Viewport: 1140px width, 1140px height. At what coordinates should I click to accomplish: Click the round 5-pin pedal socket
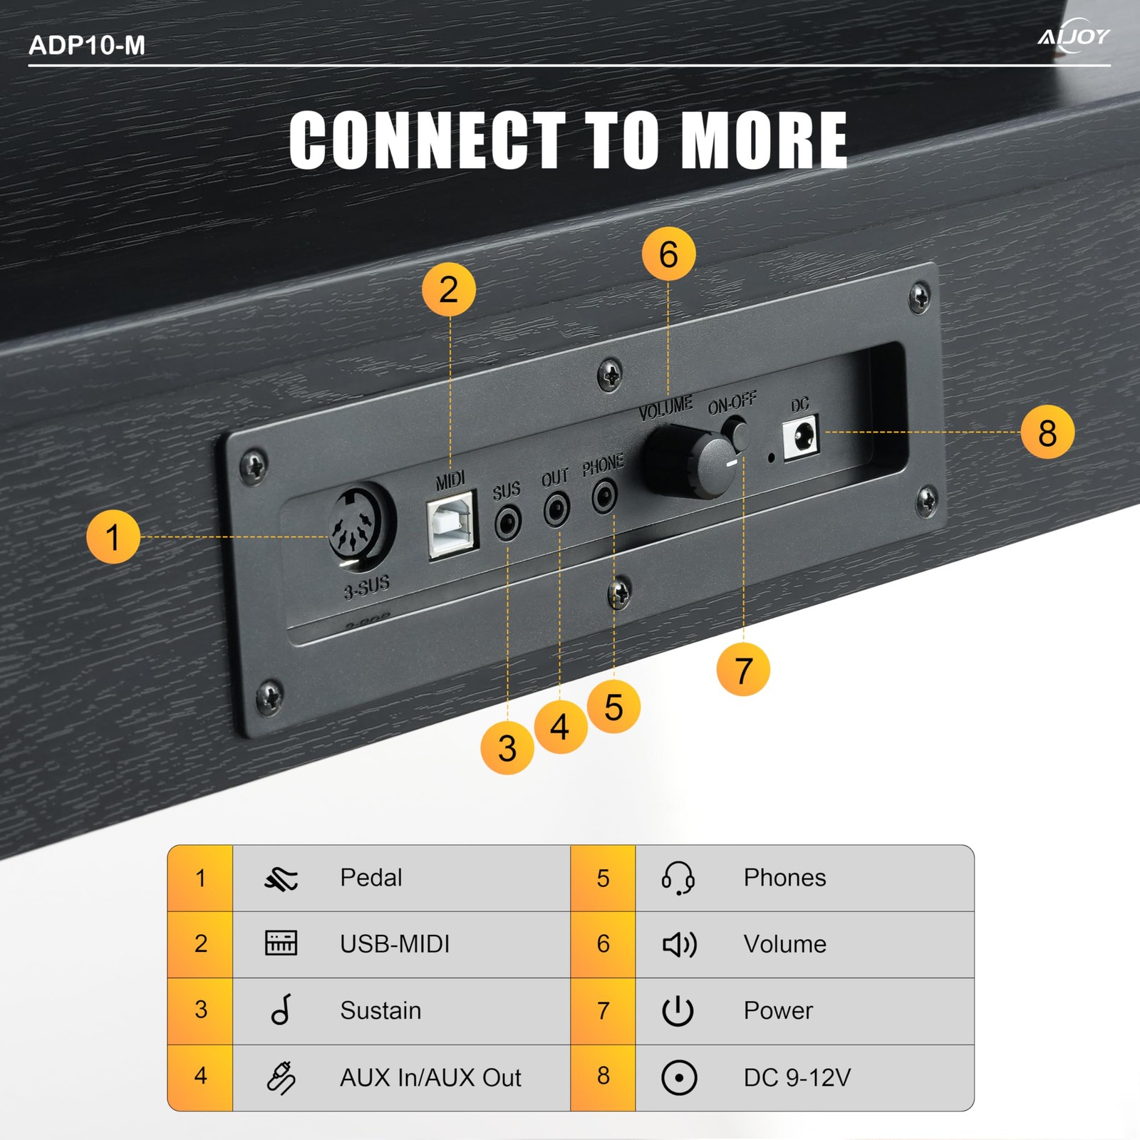click(362, 524)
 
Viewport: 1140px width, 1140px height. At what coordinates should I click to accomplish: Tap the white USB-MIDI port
click(452, 526)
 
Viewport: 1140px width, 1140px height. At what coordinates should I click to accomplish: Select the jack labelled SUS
click(507, 524)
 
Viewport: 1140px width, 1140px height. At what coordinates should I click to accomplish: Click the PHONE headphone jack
click(604, 495)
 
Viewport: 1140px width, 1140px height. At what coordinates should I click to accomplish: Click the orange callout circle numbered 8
click(1047, 432)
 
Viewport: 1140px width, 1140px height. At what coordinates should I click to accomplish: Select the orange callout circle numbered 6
click(668, 254)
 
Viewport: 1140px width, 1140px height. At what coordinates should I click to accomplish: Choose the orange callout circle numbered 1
click(113, 537)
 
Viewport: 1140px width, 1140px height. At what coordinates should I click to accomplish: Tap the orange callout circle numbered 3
click(507, 748)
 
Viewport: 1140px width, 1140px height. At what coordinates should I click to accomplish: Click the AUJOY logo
click(1074, 36)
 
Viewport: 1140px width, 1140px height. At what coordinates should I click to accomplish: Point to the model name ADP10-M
click(87, 46)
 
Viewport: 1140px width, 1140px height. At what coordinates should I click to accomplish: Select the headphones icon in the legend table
click(678, 878)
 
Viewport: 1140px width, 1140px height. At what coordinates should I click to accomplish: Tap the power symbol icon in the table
click(678, 1010)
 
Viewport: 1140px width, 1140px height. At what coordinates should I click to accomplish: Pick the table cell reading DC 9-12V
click(797, 1077)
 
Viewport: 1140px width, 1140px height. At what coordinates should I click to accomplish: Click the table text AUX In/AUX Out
click(430, 1077)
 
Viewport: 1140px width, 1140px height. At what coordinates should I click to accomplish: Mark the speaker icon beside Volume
click(680, 944)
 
